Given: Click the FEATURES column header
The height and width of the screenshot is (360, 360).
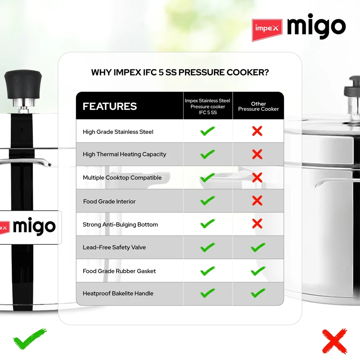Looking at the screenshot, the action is pyautogui.click(x=110, y=106).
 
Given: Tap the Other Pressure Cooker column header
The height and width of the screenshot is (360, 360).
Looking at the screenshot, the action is pyautogui.click(x=258, y=106).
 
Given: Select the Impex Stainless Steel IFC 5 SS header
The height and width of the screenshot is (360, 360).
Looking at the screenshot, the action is pyautogui.click(x=207, y=107).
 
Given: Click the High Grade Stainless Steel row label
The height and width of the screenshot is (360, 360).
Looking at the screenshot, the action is pyautogui.click(x=118, y=132).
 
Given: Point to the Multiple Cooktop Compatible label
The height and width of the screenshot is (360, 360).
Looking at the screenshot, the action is pyautogui.click(x=122, y=178).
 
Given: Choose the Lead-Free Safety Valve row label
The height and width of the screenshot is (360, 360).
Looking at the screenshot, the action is pyautogui.click(x=114, y=247).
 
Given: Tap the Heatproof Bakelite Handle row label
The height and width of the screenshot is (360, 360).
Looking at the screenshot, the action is pyautogui.click(x=118, y=293).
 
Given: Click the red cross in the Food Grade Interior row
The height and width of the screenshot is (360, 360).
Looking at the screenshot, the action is pyautogui.click(x=257, y=201).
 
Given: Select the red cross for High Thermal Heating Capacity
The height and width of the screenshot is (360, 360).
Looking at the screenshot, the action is pyautogui.click(x=257, y=154).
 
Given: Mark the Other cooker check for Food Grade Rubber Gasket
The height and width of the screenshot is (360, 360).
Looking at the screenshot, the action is pyautogui.click(x=258, y=271).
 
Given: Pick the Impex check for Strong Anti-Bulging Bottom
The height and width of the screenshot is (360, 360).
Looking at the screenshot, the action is pyautogui.click(x=207, y=223).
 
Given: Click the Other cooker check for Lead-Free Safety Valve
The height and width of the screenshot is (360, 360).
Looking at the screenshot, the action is pyautogui.click(x=258, y=247).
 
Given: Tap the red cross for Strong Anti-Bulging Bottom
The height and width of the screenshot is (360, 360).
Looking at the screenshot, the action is pyautogui.click(x=257, y=224).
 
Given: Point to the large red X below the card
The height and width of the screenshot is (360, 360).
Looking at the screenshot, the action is pyautogui.click(x=334, y=341).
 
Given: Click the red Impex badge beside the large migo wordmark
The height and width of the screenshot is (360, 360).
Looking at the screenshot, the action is pyautogui.click(x=267, y=30).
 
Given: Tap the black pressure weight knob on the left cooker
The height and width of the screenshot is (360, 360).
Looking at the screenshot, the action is pyautogui.click(x=23, y=85).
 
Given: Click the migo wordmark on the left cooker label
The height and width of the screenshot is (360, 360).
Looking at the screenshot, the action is pyautogui.click(x=34, y=226).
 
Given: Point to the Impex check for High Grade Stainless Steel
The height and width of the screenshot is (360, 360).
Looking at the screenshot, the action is pyautogui.click(x=207, y=131).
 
